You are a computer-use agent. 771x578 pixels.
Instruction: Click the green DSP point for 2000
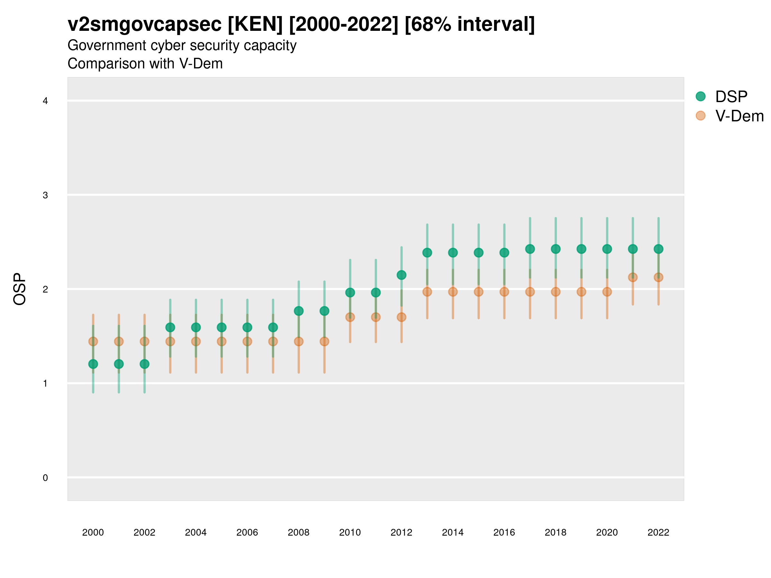coord(93,364)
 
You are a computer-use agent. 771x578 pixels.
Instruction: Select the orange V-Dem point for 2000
coord(93,341)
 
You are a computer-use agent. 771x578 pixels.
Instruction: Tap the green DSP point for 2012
coord(402,275)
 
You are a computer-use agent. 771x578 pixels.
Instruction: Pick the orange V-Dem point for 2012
coord(402,317)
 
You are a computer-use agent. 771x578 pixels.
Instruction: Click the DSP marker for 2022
coord(659,249)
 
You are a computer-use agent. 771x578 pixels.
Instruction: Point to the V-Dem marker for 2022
coord(659,277)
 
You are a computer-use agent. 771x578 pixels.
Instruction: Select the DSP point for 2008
coord(299,311)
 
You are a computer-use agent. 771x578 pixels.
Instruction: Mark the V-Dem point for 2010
coord(350,317)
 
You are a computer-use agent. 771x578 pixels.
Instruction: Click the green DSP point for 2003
coord(170,328)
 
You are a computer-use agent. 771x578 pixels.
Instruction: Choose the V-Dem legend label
coord(739,116)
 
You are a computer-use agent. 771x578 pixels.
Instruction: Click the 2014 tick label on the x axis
coord(453,532)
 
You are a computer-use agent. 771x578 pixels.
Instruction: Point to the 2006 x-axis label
coord(247,532)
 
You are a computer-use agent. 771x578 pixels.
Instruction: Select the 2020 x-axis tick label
coord(607,532)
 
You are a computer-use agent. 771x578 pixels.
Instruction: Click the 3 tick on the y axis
coord(45,195)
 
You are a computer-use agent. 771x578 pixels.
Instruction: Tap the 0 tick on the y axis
coord(45,478)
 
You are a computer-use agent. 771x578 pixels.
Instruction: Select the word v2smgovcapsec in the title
coord(145,24)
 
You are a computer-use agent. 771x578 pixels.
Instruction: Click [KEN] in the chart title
coord(255,24)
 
